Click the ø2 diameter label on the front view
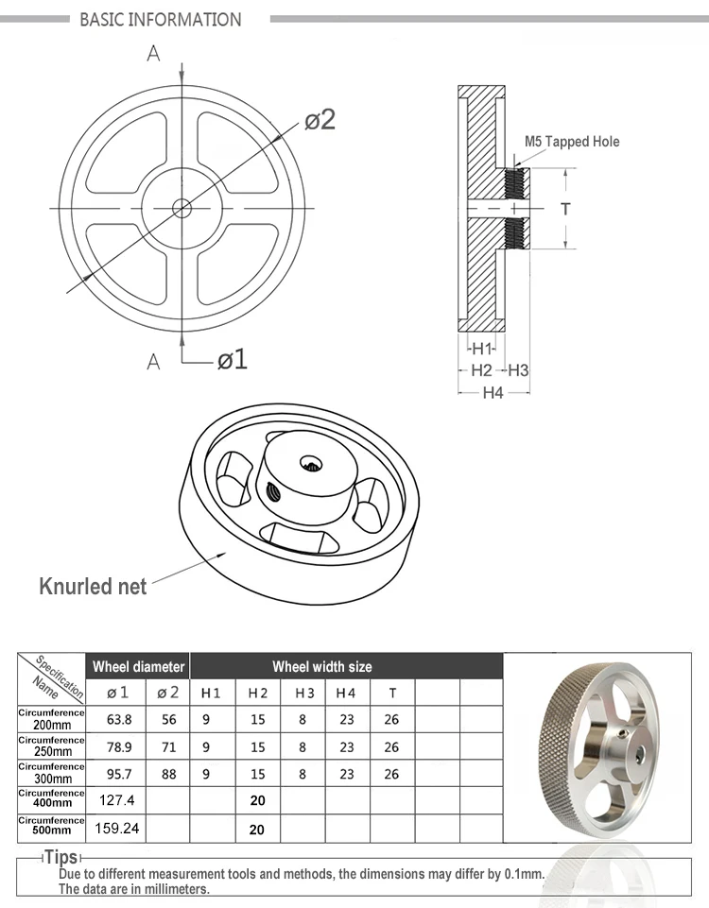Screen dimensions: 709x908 point(320,120)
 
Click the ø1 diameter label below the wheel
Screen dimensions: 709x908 point(233,360)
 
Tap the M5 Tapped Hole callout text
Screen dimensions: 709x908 point(572,142)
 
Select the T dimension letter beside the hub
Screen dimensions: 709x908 point(566,209)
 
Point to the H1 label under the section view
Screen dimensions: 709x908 point(482,349)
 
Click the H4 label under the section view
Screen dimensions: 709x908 point(493,393)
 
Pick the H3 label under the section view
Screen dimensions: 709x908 point(518,370)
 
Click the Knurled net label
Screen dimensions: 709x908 point(93,586)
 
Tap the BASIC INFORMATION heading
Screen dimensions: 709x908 point(161,20)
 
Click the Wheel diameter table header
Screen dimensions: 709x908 point(138,666)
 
